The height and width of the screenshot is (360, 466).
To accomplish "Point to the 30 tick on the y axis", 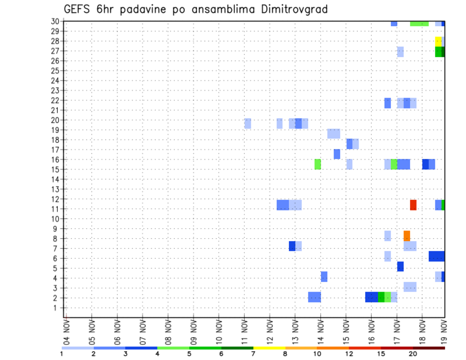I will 55,21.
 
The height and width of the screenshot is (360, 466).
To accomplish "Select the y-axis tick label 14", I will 55,180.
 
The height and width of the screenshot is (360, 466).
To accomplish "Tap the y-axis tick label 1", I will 57,308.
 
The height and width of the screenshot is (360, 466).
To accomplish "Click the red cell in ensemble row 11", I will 413,205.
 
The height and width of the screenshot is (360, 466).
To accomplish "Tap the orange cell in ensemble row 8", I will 407,235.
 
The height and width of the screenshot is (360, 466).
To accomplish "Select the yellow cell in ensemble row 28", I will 438,41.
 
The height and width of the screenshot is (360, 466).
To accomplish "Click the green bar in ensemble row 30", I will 419,23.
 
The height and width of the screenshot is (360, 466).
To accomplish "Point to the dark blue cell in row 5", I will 400,266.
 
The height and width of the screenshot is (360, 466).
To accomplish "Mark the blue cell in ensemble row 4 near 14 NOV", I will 324,277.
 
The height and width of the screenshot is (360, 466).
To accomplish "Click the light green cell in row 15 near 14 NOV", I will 317,164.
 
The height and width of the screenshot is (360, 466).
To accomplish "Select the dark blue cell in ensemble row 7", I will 292,246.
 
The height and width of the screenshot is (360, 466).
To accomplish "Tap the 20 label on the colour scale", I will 413,354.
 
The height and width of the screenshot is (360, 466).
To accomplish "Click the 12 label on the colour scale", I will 349,354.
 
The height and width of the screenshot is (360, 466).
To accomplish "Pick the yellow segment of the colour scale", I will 269,348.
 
